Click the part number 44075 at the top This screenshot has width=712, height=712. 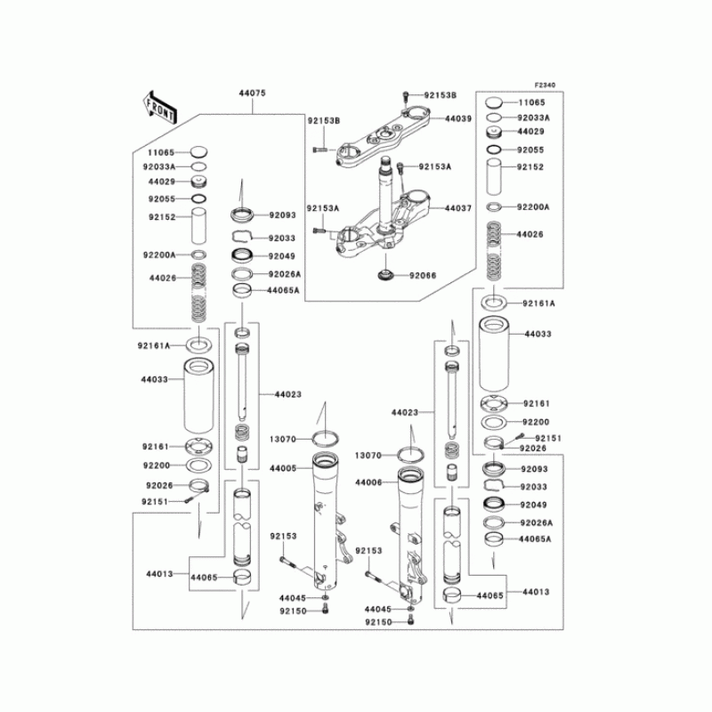pos(252,93)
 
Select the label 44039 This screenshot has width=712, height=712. pos(458,118)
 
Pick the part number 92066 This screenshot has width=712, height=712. pos(425,276)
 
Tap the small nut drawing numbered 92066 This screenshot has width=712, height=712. pos(386,274)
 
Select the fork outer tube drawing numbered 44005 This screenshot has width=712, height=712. pos(326,525)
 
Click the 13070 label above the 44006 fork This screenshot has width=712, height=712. pos(368,455)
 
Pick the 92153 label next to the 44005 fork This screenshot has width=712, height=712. pos(283,536)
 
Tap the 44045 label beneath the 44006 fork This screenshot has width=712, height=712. pos(377,609)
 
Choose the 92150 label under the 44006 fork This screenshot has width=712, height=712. pos(377,621)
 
